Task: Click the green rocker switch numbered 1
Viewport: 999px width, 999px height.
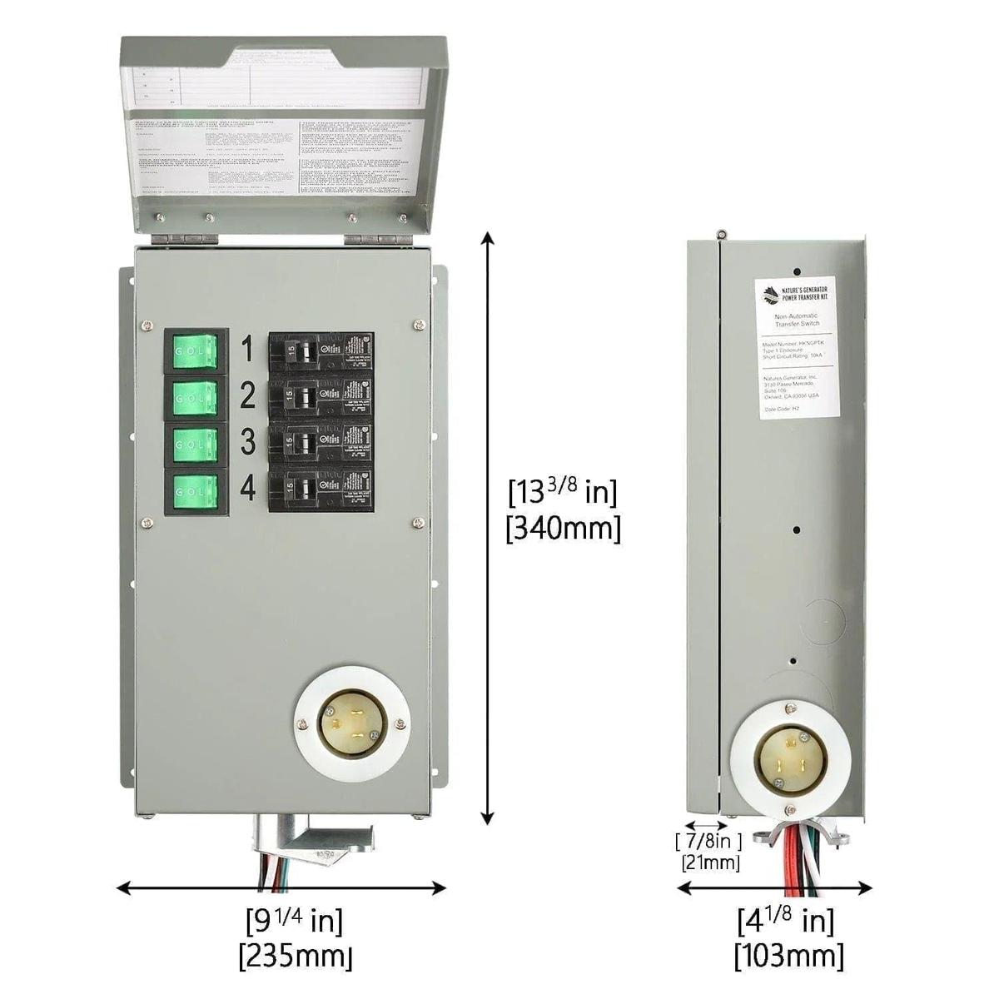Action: tap(196, 354)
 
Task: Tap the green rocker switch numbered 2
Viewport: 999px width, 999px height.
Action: tap(196, 400)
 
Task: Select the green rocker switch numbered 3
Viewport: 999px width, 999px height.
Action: tap(196, 445)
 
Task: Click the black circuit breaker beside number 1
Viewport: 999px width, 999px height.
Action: tap(321, 354)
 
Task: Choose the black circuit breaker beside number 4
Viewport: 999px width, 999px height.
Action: tap(321, 490)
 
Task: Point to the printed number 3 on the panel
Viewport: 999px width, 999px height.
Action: tap(247, 443)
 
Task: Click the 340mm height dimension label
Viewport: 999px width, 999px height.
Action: tap(564, 529)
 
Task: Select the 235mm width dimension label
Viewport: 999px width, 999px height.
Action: tap(296, 956)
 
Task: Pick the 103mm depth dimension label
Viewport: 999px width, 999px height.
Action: tap(788, 956)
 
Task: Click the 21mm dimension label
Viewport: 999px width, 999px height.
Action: tap(710, 862)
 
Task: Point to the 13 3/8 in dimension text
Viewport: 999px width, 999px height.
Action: tap(563, 493)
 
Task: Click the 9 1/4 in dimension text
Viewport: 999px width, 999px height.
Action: tap(295, 920)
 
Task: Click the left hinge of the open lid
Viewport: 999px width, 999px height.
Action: tap(186, 238)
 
